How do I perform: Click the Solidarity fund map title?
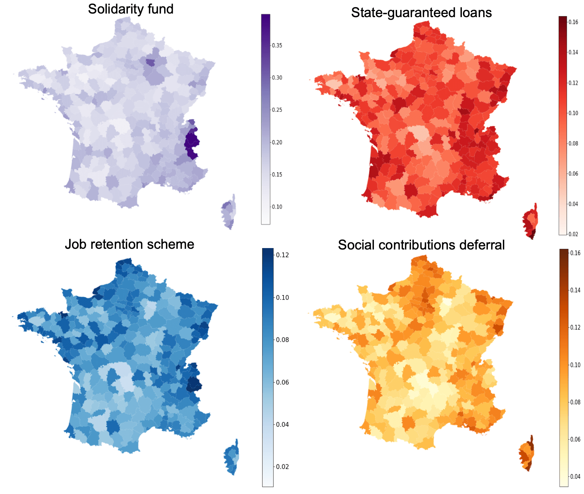pyautogui.click(x=131, y=9)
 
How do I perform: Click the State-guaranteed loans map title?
pyautogui.click(x=421, y=12)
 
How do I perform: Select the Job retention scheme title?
pyautogui.click(x=129, y=244)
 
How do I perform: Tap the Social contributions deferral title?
pyautogui.click(x=421, y=245)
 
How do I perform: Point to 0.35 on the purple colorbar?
pyautogui.click(x=277, y=45)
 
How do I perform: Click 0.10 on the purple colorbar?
pyautogui.click(x=277, y=207)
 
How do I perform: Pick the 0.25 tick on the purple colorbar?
pyautogui.click(x=277, y=110)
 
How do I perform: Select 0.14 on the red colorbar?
pyautogui.click(x=573, y=52)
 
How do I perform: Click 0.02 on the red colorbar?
pyautogui.click(x=573, y=234)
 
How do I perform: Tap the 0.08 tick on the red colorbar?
pyautogui.click(x=573, y=143)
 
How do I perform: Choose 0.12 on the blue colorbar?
pyautogui.click(x=282, y=255)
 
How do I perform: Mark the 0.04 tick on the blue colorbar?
pyautogui.click(x=282, y=424)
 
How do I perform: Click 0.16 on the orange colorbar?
pyautogui.click(x=575, y=253)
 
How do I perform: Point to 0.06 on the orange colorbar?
pyautogui.click(x=575, y=439)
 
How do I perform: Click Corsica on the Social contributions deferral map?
pyautogui.click(x=526, y=454)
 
